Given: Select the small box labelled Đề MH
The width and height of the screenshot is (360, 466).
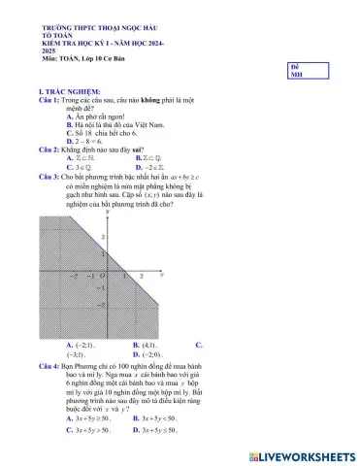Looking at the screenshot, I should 296,68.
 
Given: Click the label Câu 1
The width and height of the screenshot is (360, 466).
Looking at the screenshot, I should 49,100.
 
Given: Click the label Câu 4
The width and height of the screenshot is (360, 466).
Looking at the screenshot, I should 49,364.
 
